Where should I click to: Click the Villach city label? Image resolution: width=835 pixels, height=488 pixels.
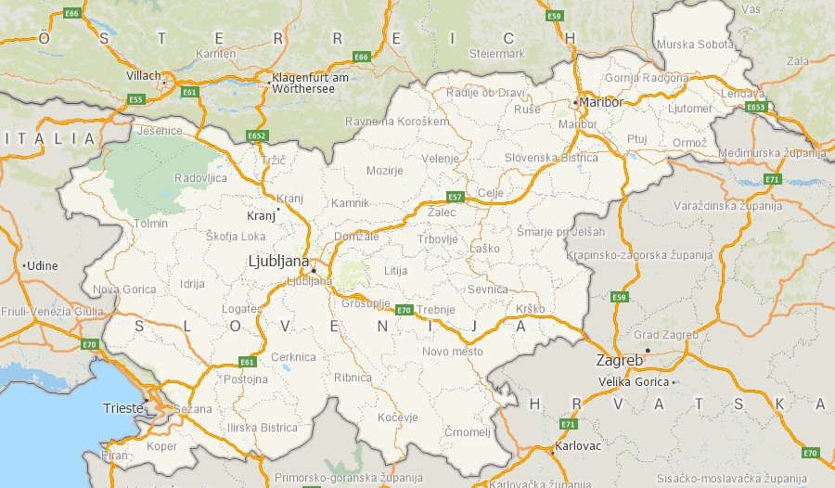click(x=143, y=76)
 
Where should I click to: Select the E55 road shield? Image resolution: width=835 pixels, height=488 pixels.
click(x=136, y=99)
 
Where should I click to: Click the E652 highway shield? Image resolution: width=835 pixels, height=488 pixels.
click(x=257, y=135)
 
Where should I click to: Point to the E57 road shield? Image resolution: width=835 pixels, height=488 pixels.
click(x=455, y=197)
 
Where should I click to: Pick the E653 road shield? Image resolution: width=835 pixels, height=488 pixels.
click(x=756, y=107)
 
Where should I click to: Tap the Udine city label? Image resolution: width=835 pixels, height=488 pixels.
click(x=43, y=265)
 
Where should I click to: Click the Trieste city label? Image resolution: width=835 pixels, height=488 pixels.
click(x=122, y=407)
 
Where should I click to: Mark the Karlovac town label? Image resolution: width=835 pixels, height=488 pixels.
click(x=578, y=446)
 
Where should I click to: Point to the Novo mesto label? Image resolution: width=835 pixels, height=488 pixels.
click(x=453, y=352)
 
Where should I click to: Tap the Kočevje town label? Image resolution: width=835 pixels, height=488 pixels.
click(x=398, y=417)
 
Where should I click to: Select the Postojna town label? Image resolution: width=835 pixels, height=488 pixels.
click(x=247, y=379)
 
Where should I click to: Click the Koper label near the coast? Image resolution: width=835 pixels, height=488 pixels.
click(x=161, y=446)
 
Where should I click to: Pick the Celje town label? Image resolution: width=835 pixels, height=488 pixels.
click(x=490, y=192)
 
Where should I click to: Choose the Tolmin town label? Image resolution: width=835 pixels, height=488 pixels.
click(x=151, y=223)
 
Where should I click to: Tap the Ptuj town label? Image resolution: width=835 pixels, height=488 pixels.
click(x=636, y=138)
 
